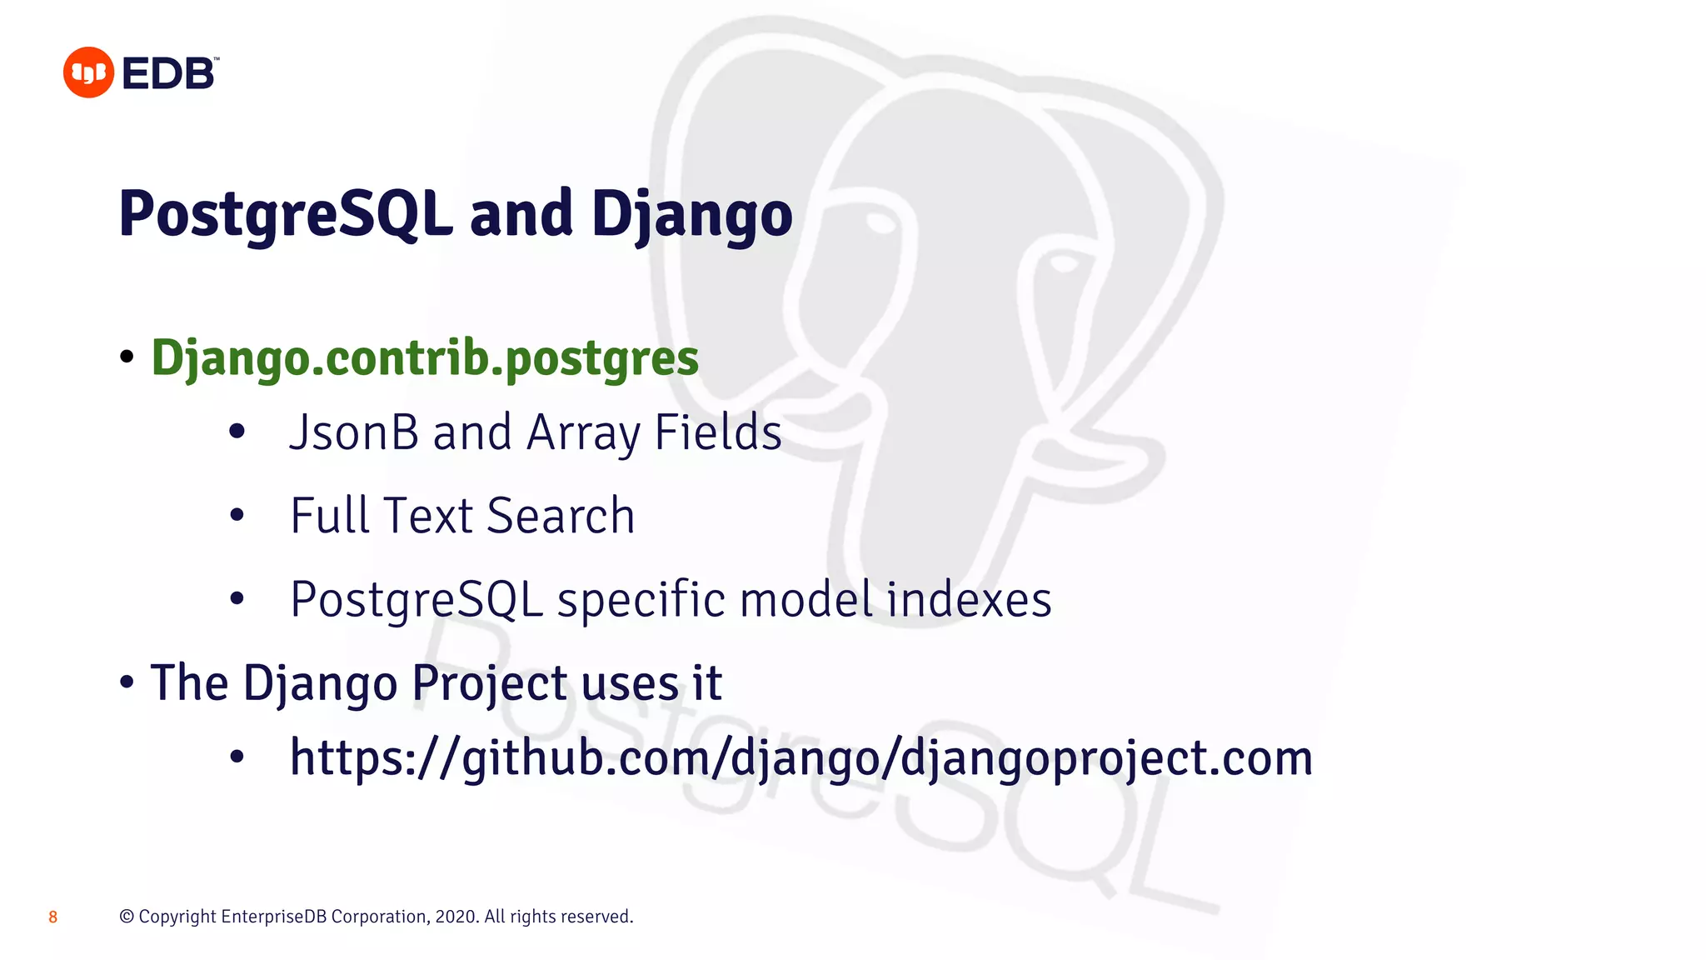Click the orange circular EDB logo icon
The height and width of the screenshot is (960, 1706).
click(88, 72)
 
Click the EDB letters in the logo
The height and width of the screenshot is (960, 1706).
click(169, 74)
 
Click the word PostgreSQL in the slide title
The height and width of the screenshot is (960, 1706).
click(286, 214)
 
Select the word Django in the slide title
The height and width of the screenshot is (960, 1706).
click(691, 214)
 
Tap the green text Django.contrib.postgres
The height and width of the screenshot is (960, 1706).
click(425, 358)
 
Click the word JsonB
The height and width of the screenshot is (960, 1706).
click(353, 432)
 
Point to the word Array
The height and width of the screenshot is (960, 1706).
click(583, 434)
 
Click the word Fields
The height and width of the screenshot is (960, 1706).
click(718, 432)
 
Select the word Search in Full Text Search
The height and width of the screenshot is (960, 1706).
click(561, 516)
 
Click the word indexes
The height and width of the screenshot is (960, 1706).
click(969, 599)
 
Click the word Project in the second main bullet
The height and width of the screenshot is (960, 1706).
click(490, 684)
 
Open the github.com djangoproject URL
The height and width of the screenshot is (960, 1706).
click(801, 758)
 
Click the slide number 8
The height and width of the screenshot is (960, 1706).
click(52, 917)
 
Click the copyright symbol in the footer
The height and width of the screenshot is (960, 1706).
click(127, 917)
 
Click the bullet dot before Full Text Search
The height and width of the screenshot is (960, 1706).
click(237, 516)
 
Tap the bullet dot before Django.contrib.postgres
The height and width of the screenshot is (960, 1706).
click(127, 357)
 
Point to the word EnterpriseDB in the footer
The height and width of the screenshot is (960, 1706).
click(273, 917)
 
